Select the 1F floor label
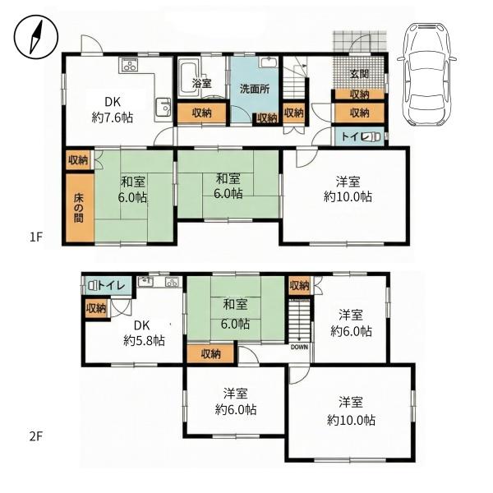pyautogui.click(x=35, y=237)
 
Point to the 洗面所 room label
pyautogui.click(x=255, y=89)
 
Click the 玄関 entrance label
pyautogui.click(x=358, y=75)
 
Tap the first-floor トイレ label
pyautogui.click(x=351, y=137)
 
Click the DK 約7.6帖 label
pyautogui.click(x=113, y=110)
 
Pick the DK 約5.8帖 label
pyautogui.click(x=145, y=332)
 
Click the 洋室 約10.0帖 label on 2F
pyautogui.click(x=351, y=411)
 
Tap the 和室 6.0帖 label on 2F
pyautogui.click(x=236, y=315)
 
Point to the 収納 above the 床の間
pyautogui.click(x=78, y=159)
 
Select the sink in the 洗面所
pyautogui.click(x=268, y=64)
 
